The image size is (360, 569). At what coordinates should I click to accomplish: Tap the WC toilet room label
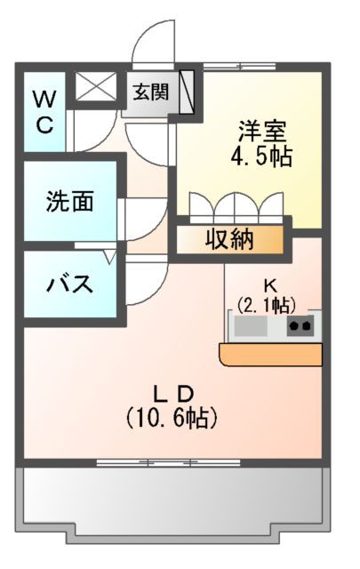pyautogui.click(x=44, y=111)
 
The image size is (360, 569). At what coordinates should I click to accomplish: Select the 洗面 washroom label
pyautogui.click(x=69, y=202)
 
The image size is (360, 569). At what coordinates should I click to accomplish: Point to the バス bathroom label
pyautogui.click(x=69, y=285)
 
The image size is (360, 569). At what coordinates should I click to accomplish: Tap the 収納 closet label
pyautogui.click(x=230, y=238)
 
